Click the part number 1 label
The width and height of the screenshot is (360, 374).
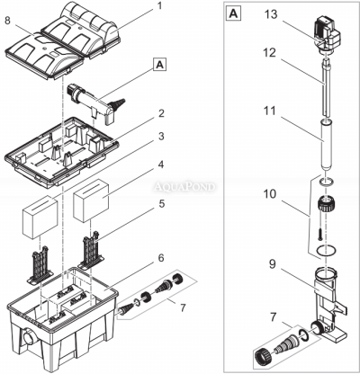click(x=159, y=6)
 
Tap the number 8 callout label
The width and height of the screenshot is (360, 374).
click(x=8, y=21)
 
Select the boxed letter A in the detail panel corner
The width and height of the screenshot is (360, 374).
click(x=233, y=13)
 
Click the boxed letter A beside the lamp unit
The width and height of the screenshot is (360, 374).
click(x=160, y=65)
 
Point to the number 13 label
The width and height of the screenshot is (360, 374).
click(x=271, y=14)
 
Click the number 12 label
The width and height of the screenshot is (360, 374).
click(x=269, y=53)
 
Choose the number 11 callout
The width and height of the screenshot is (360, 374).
click(x=269, y=111)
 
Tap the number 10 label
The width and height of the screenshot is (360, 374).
click(x=269, y=194)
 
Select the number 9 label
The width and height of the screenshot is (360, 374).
click(x=273, y=264)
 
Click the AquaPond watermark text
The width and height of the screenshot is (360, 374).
click(x=184, y=187)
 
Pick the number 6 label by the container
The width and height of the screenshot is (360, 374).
click(x=161, y=258)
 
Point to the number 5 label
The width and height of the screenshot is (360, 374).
click(x=162, y=204)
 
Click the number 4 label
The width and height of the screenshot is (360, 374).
click(x=161, y=165)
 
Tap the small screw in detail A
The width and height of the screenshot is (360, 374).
click(x=320, y=234)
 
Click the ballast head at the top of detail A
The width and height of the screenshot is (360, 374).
click(x=328, y=37)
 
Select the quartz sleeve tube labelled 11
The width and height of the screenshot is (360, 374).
click(x=326, y=145)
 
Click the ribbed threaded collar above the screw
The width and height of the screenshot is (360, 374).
click(x=326, y=204)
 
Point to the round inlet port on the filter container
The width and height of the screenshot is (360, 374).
click(x=29, y=338)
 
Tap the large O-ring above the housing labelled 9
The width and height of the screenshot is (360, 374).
click(x=326, y=251)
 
